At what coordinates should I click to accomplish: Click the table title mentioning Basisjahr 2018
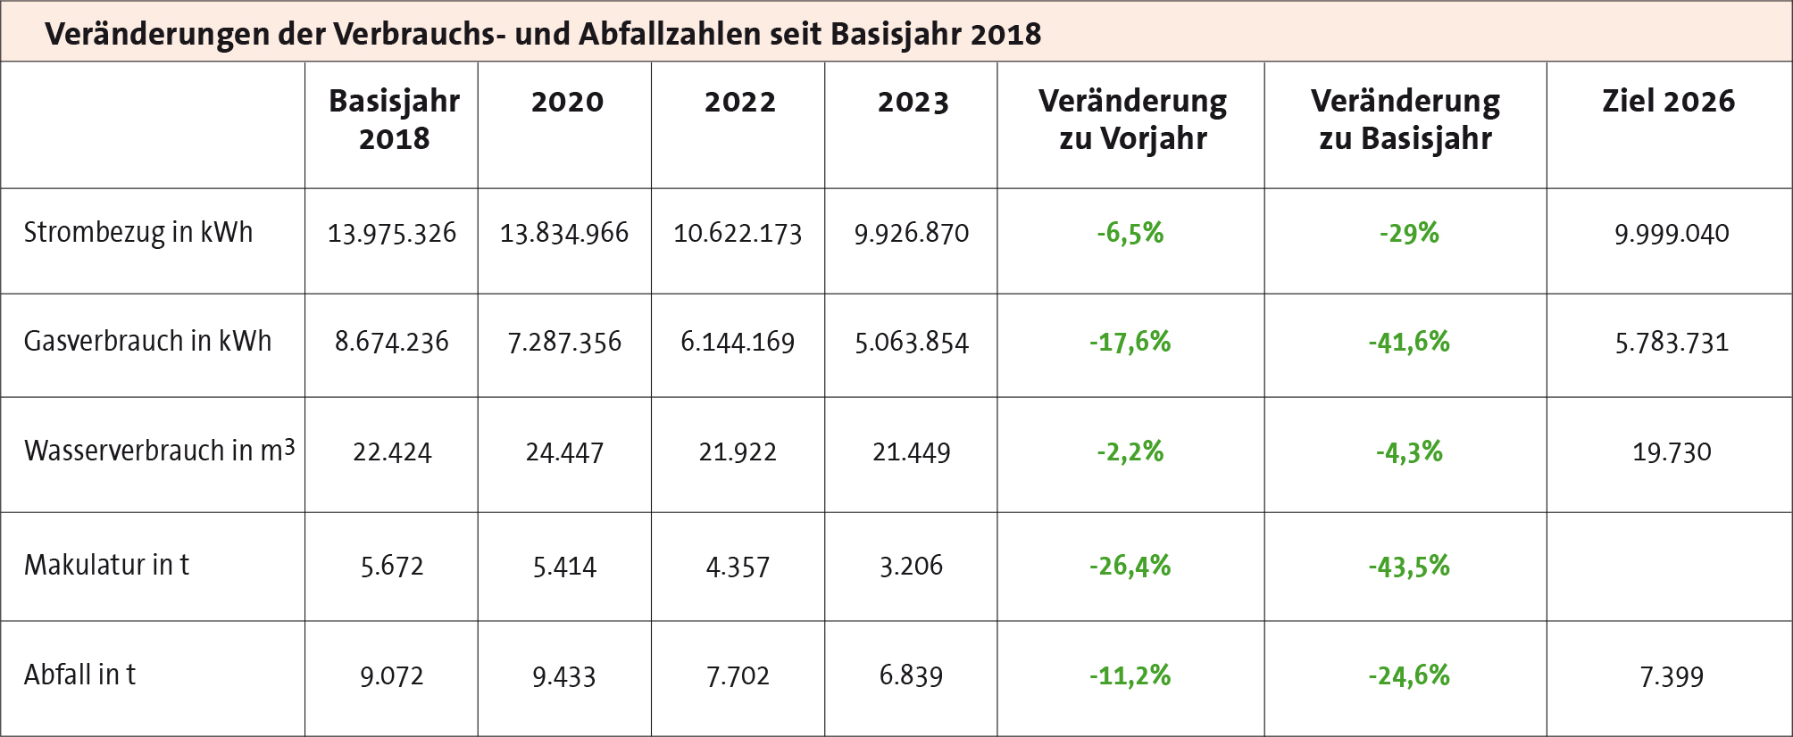coord(543,34)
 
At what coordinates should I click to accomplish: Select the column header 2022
coord(739,102)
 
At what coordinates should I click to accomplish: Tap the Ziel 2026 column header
coord(1668,101)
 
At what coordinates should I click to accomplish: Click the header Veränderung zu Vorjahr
coord(1132,120)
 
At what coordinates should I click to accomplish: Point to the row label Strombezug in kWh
coord(138,233)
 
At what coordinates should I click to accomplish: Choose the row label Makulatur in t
coord(106,565)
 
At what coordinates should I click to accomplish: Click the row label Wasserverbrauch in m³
coord(159,451)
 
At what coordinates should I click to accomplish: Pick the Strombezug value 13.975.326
coord(391,234)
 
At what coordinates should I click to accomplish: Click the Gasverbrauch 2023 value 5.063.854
coord(911,343)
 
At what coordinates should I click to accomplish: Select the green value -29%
coord(1409,234)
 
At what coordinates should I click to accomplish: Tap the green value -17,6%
coord(1130,342)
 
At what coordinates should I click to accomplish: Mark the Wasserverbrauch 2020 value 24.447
coord(564,452)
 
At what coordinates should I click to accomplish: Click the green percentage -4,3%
coord(1409,451)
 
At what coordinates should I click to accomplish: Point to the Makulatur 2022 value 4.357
coord(738,567)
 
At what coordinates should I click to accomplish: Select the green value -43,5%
coord(1409,566)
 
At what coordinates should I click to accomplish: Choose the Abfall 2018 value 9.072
coord(391,676)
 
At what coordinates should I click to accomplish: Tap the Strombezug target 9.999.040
coord(1672,234)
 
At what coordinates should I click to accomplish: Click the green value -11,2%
coord(1130,675)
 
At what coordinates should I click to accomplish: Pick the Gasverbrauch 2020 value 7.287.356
coord(564,343)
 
